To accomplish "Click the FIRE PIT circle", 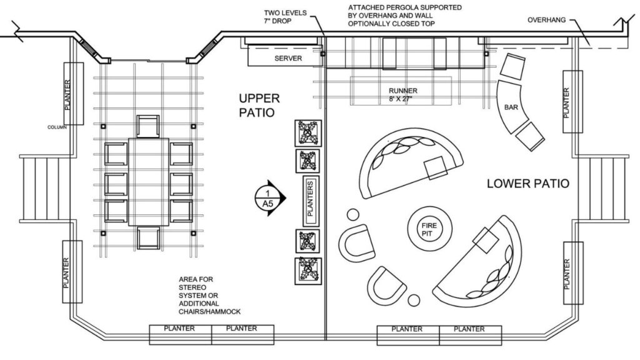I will click(427, 229).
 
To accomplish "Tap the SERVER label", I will click(289, 58).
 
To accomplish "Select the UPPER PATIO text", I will click(259, 106).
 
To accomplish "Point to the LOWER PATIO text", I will click(528, 184).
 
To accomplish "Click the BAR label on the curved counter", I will click(511, 107).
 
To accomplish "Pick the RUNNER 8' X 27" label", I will click(402, 95).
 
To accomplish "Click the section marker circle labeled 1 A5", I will click(267, 198).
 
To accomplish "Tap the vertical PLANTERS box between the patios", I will click(311, 201).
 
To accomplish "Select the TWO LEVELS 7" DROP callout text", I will click(284, 16).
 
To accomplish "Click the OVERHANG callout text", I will click(547, 20).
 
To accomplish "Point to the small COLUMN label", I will click(57, 127).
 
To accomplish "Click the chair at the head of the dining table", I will click(149, 126).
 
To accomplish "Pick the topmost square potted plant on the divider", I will click(307, 133).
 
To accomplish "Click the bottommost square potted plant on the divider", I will click(307, 269).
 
